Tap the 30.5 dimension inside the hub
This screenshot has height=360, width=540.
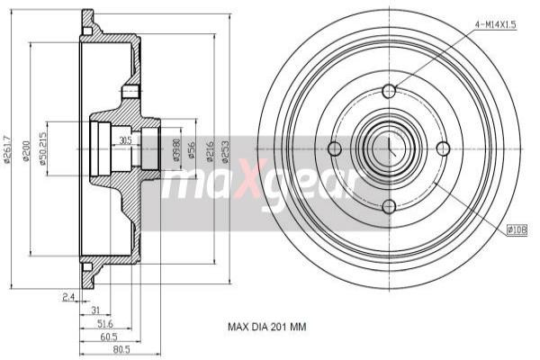pos(124,140)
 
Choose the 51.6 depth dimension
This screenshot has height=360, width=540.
pos(104,322)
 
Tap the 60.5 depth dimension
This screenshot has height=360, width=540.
pos(108,336)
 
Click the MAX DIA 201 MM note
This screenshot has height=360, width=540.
pos(266,328)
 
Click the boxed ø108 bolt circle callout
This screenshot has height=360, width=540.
pos(517,230)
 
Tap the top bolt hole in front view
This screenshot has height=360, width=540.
pos(389,92)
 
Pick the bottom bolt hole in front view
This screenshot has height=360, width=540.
pos(389,206)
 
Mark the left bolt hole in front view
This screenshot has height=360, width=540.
pos(334,148)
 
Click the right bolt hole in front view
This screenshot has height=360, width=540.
pos(443,148)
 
